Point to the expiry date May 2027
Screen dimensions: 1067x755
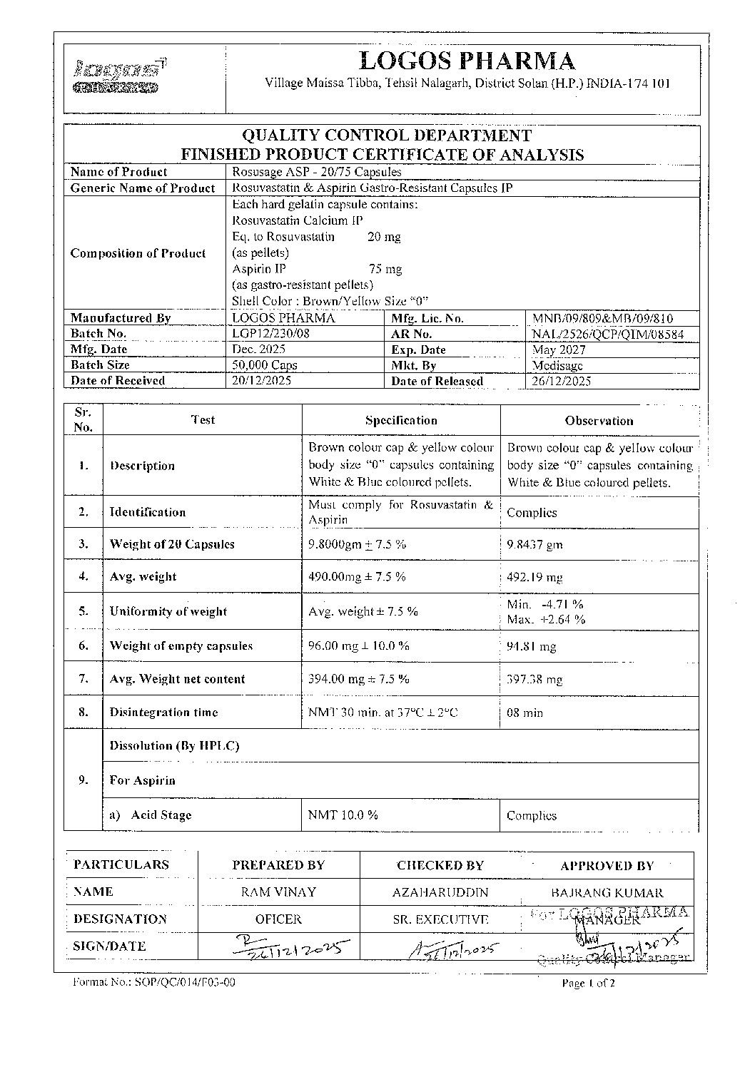coord(559,349)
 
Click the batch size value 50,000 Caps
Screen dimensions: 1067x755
coord(265,365)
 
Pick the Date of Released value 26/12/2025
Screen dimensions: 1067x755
coord(562,381)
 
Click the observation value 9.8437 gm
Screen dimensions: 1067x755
coord(534,545)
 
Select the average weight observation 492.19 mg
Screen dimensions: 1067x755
coord(537,577)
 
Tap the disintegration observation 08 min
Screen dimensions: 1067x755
coord(525,713)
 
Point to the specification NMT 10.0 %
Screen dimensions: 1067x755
coord(343,815)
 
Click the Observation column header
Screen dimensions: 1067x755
coord(599,421)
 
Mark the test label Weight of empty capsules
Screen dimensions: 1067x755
coord(181,646)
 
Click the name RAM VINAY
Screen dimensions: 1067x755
coord(278,892)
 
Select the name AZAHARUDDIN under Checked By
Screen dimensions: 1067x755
coord(440,892)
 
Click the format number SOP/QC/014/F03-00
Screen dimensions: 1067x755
coord(154,982)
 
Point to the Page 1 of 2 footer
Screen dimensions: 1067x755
coord(588,983)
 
